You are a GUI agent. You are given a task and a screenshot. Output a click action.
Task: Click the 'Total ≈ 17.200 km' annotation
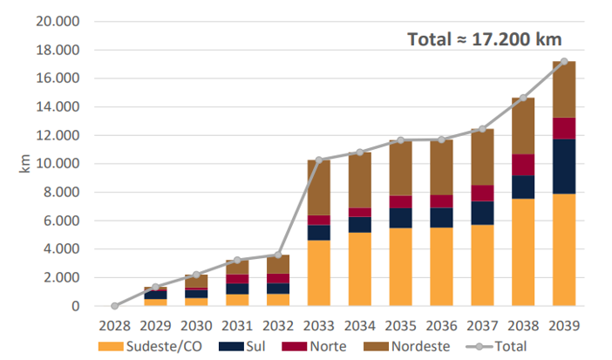tap(484, 39)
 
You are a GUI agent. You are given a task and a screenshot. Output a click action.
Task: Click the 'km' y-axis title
tap(24, 164)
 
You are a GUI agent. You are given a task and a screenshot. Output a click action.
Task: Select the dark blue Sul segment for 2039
tap(565, 166)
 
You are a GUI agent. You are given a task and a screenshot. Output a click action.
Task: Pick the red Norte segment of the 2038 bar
tap(523, 165)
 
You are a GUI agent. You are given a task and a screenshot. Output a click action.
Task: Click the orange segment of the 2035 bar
tap(400, 267)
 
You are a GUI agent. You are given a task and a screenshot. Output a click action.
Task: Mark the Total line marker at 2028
tap(114, 306)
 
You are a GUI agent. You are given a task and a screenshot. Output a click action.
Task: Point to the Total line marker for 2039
tap(565, 61)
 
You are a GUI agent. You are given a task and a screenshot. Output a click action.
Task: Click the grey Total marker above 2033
tap(319, 160)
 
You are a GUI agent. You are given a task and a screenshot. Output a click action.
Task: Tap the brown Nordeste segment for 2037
tap(482, 157)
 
